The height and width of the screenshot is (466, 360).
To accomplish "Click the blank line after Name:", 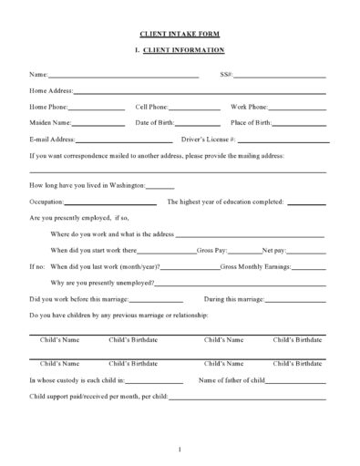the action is click(x=122, y=75).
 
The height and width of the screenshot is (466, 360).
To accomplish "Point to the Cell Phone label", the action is click(x=151, y=107).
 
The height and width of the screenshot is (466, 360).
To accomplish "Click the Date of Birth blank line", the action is click(x=199, y=124).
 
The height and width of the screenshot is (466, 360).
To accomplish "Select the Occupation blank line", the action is click(x=110, y=202).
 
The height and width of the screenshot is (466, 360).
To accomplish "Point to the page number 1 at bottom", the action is click(x=180, y=447).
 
